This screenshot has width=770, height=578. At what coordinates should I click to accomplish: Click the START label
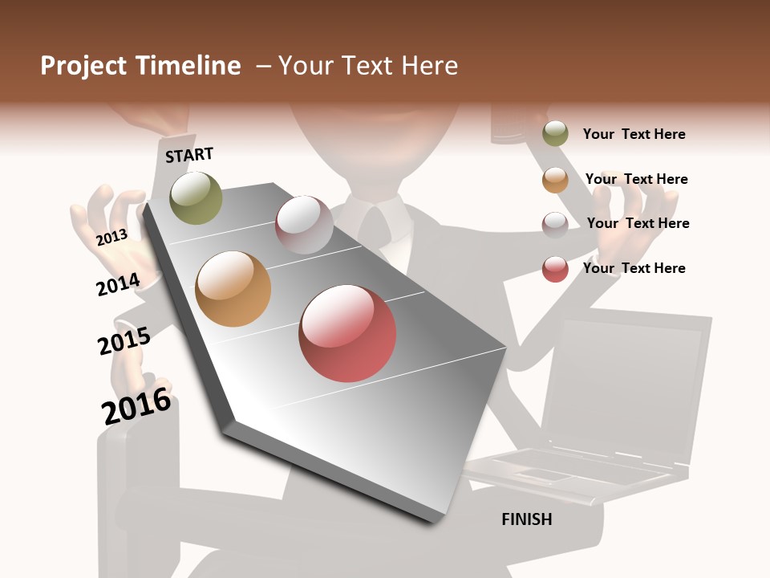[189, 155]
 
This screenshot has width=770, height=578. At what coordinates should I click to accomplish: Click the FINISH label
[526, 519]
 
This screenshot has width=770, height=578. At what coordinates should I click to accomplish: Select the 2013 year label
[111, 237]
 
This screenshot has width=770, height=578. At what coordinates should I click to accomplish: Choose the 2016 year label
[136, 406]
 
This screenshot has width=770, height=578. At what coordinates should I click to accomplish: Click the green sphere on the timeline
[196, 197]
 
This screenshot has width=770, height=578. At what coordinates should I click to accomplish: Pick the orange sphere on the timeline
[233, 289]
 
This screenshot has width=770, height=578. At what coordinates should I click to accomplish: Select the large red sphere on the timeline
[347, 333]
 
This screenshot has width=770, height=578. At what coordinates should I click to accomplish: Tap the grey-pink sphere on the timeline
[304, 224]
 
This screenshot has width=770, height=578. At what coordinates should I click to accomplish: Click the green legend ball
[555, 134]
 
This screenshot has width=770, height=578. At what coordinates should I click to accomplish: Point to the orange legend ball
[555, 180]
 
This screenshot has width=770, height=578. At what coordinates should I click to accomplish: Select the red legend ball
[555, 269]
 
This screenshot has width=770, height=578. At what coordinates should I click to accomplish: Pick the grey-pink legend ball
[555, 224]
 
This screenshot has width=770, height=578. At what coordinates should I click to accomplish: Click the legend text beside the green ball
[634, 134]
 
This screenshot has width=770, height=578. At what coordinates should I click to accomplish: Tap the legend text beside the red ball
[634, 268]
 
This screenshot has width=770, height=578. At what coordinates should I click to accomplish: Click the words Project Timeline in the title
[140, 66]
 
